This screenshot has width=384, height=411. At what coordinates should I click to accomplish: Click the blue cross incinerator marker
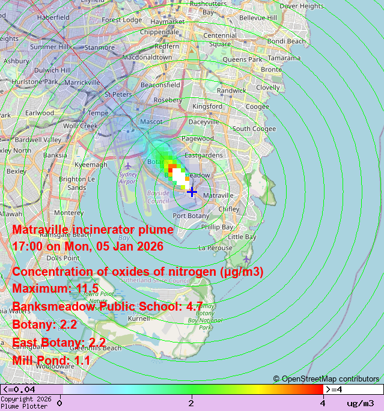192,192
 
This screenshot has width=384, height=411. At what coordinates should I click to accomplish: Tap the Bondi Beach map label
286,41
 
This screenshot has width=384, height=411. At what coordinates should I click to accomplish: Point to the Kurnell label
139,319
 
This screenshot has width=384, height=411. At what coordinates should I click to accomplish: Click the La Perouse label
215,248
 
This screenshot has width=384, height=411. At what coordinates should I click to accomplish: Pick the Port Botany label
191,216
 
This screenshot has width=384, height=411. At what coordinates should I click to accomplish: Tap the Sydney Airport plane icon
127,165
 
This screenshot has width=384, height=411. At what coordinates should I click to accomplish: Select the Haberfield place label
53,17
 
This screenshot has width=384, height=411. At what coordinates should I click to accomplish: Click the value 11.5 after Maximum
87,289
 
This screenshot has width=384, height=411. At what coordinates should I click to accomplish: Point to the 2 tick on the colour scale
192,403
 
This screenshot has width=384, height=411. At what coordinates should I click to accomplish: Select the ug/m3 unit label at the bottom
360,403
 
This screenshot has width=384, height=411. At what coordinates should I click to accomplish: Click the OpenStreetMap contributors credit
326,379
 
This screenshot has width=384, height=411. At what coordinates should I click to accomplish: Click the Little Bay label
243,237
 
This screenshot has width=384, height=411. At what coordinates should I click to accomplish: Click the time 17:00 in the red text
27,246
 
